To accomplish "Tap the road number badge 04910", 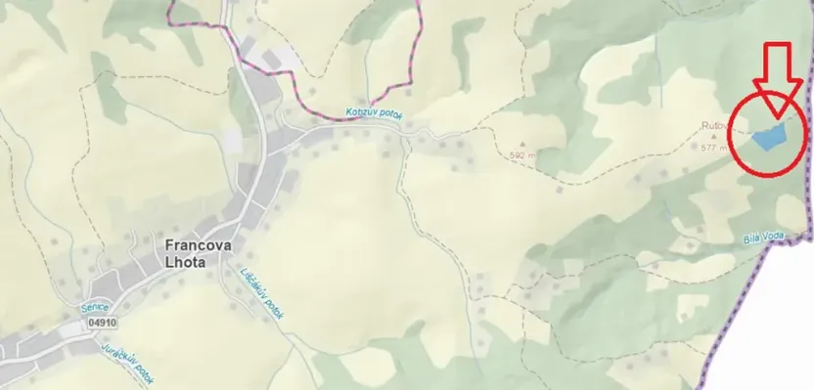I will pos(101,321).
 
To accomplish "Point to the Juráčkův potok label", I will pos(127,359).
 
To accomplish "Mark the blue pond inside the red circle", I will pos(769,137).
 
